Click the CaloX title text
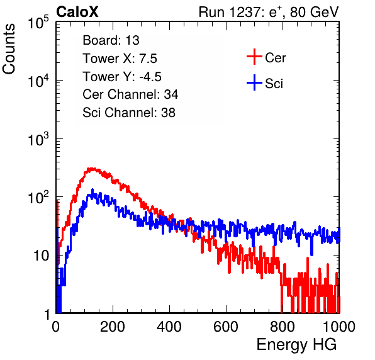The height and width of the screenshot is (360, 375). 77,12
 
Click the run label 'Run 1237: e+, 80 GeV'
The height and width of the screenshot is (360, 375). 269,12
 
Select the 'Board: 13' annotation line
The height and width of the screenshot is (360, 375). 111,40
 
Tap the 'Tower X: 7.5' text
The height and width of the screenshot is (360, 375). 120,59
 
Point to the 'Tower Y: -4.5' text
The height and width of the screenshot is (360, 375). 122,77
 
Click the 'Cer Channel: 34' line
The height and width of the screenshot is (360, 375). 130,94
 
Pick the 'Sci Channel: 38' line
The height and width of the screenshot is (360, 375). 129,113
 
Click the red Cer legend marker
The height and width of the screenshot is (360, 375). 254,57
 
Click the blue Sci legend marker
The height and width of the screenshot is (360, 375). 254,82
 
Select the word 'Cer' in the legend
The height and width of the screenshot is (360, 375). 275,58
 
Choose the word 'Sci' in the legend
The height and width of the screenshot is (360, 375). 274,84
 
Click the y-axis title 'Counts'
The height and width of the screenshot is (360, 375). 9,49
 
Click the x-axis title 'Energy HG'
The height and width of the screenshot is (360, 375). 296,345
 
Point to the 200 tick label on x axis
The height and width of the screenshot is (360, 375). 113,327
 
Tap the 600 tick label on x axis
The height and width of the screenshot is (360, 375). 226,327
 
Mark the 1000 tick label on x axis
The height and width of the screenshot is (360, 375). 339,327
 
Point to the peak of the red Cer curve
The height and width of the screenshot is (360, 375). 91,169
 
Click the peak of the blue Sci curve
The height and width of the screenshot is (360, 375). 92,190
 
